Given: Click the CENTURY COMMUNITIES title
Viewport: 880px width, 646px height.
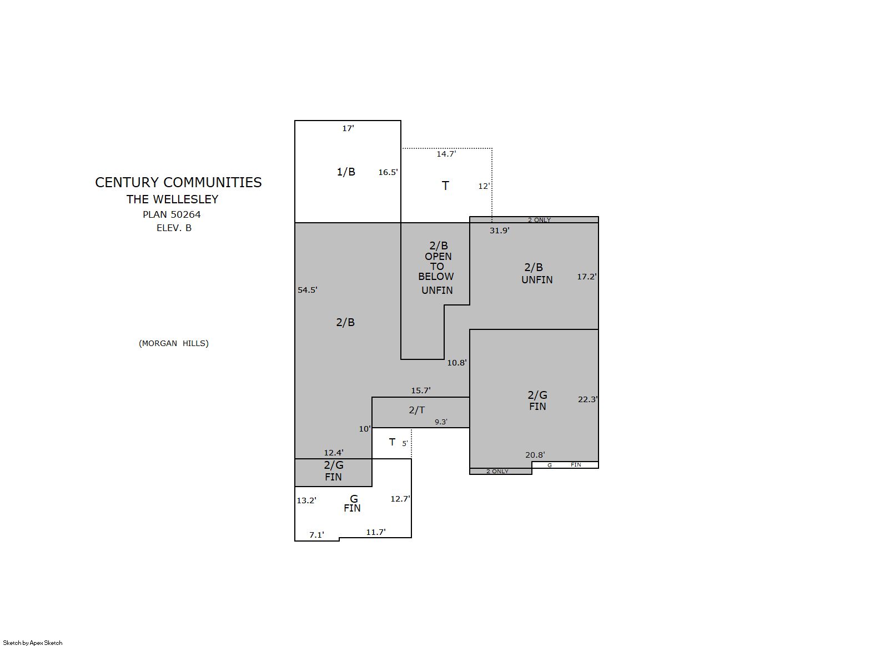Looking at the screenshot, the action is click(x=178, y=182).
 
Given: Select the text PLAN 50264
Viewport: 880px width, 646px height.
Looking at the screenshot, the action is click(x=172, y=214).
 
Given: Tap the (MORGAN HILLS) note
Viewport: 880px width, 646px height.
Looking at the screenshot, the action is click(x=174, y=343).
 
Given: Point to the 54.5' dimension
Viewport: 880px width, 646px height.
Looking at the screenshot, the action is click(x=307, y=290).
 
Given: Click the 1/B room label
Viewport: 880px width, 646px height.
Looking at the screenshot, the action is click(x=346, y=172).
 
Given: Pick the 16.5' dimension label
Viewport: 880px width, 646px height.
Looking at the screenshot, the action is click(x=388, y=172).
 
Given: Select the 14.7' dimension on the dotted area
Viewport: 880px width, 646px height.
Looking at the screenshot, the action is click(x=446, y=154).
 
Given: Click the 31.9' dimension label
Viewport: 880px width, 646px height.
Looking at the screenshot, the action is click(x=500, y=231).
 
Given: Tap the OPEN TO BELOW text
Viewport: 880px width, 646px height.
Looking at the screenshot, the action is click(x=436, y=267).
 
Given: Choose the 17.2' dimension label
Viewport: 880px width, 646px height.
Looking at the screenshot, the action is click(x=587, y=277).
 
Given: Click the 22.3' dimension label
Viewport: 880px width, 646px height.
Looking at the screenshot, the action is click(x=588, y=399).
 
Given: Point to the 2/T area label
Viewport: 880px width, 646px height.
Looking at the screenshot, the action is click(x=417, y=410).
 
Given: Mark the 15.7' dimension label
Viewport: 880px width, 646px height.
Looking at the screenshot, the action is click(x=421, y=390).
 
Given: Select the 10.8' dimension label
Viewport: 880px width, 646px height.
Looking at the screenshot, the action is click(x=457, y=363).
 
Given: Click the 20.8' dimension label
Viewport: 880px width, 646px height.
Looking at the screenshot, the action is click(x=535, y=455).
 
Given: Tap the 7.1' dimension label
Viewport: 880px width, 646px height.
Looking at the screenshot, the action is click(x=316, y=535).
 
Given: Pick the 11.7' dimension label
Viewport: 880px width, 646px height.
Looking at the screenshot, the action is click(x=376, y=532).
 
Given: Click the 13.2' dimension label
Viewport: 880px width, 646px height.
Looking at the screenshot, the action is click(x=306, y=500).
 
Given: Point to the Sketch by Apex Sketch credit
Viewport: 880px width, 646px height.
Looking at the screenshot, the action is click(x=33, y=643).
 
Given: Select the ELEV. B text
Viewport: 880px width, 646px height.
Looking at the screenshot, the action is click(x=174, y=228).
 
